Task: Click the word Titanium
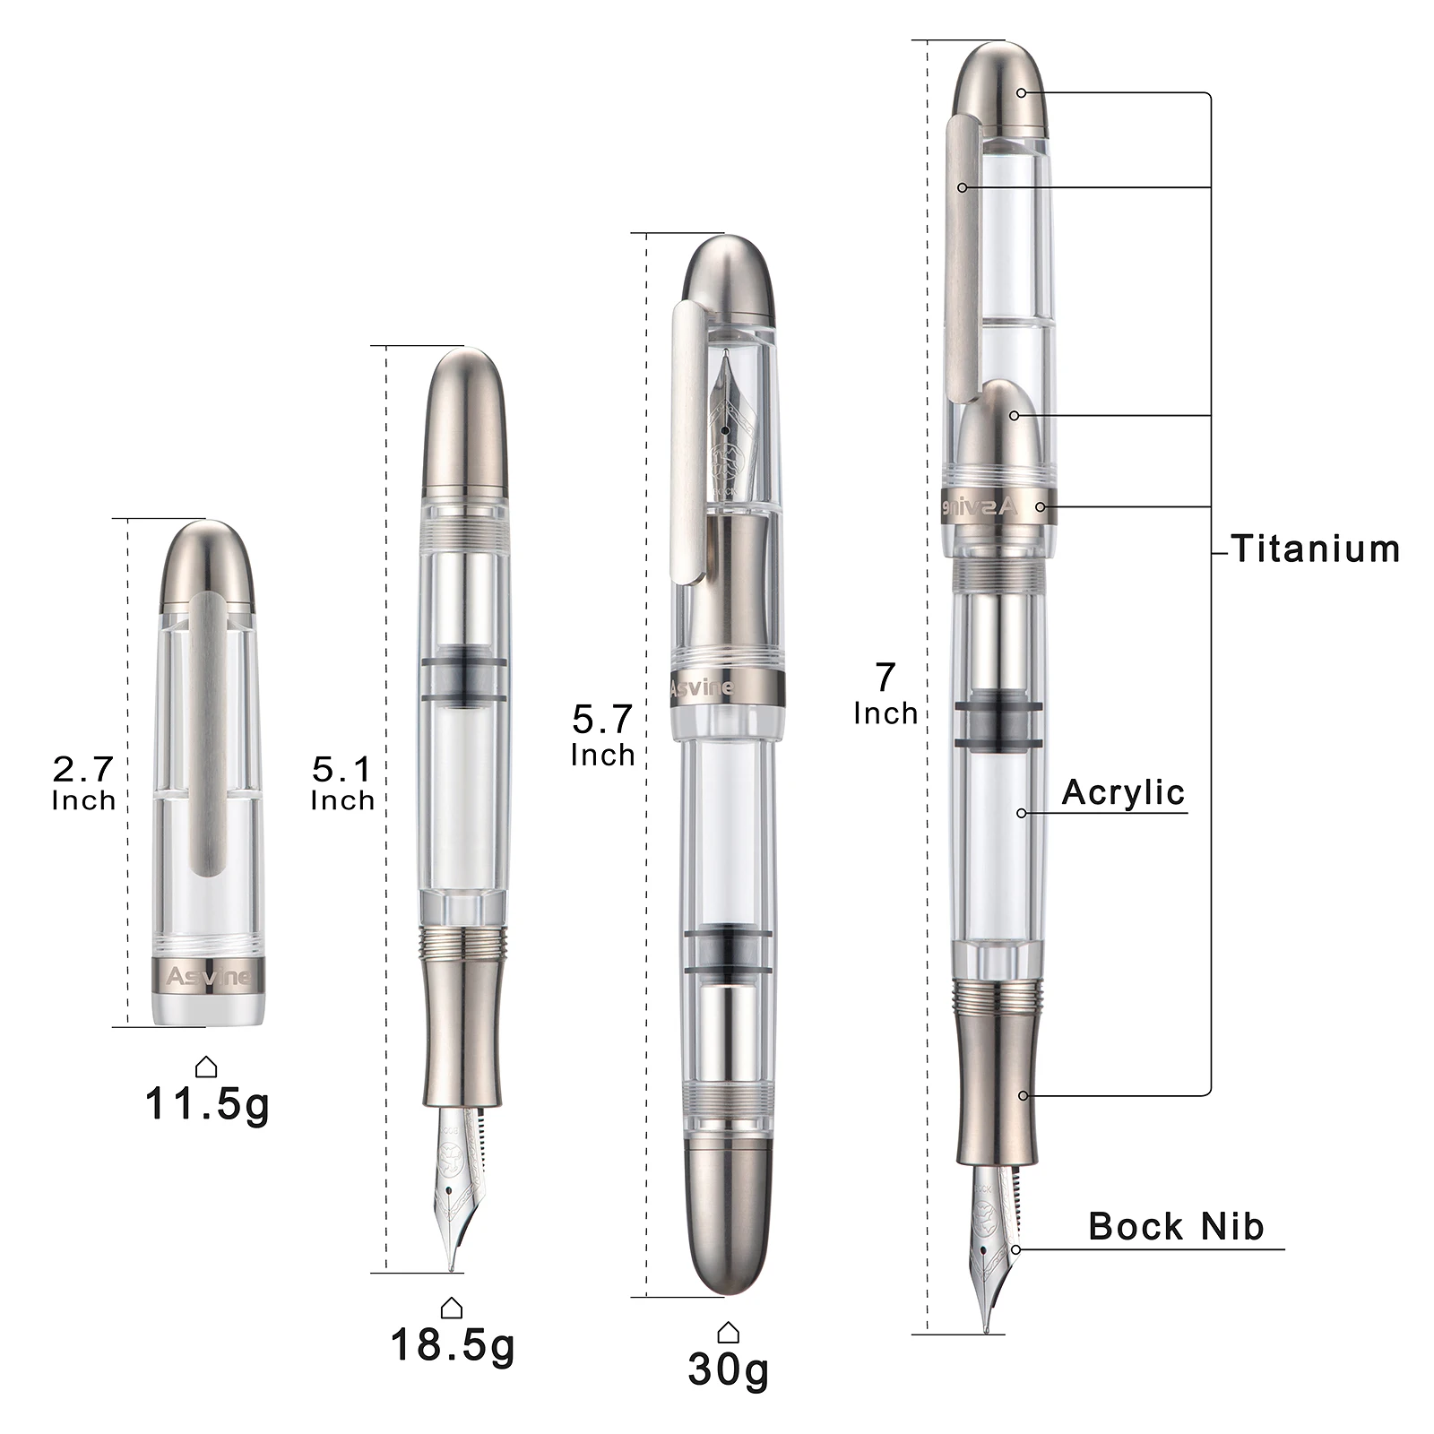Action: [1315, 549]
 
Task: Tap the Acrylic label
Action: [1123, 792]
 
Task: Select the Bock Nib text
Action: [1176, 1226]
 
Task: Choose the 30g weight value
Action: [729, 1369]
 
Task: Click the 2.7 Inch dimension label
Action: [84, 782]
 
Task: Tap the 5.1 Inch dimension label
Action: [342, 782]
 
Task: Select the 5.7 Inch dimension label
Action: [603, 735]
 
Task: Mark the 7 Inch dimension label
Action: [885, 693]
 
